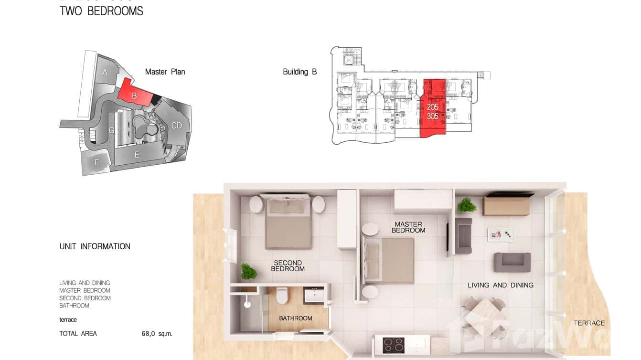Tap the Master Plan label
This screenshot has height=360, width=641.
coord(165,72)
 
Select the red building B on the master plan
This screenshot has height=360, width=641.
coord(134,93)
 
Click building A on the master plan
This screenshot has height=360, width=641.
coord(105,73)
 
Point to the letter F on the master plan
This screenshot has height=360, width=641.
coord(96,162)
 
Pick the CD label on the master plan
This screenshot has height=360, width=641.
coord(177,126)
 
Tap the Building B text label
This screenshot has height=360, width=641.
coord(299,72)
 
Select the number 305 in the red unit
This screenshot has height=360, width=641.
coord(433,116)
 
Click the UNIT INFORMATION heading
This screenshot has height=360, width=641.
coord(95,246)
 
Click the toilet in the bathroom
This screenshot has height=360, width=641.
coord(282,295)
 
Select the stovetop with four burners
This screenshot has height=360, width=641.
coord(394,345)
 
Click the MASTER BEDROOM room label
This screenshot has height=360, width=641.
coord(408,227)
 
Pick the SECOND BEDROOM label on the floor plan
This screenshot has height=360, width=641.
coord(288,266)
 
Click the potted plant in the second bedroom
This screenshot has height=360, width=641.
coord(248,271)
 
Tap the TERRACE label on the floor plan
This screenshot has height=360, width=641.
coord(589,323)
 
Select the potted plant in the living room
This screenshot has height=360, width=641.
coord(467,205)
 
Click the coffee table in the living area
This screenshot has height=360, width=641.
coord(501,234)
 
